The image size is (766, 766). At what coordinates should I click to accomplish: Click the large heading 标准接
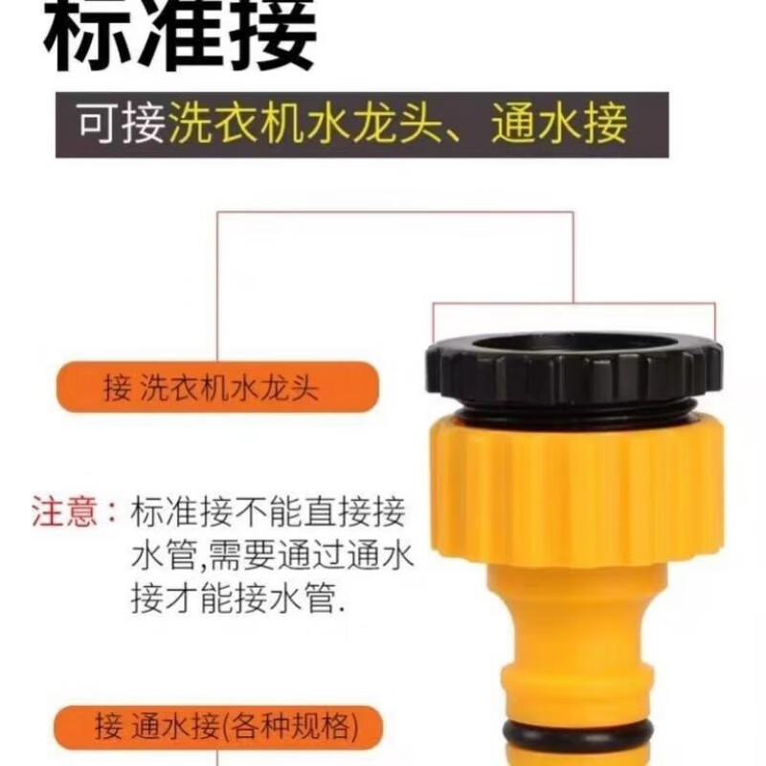181,36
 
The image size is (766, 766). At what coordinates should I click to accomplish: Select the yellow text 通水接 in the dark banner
559,124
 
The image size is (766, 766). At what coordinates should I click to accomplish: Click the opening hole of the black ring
572,345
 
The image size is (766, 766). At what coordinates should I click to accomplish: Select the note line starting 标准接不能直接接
269,513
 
